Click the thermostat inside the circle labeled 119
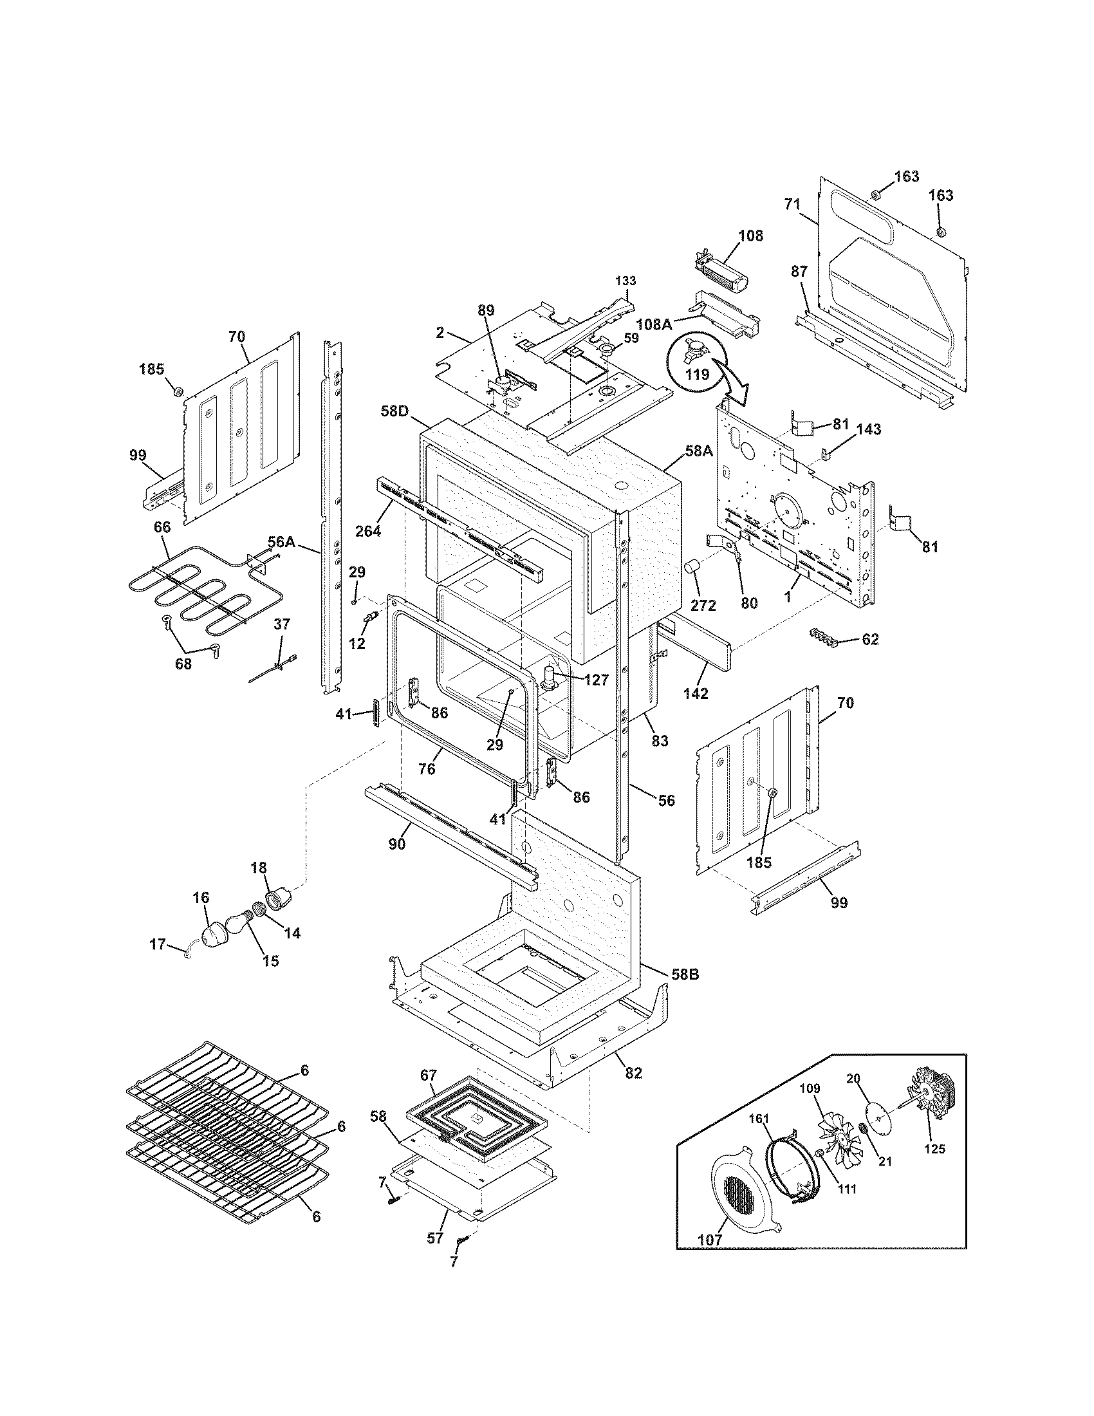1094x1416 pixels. click(x=692, y=353)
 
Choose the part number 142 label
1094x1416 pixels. click(x=695, y=693)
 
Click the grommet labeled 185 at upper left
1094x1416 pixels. click(x=176, y=391)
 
